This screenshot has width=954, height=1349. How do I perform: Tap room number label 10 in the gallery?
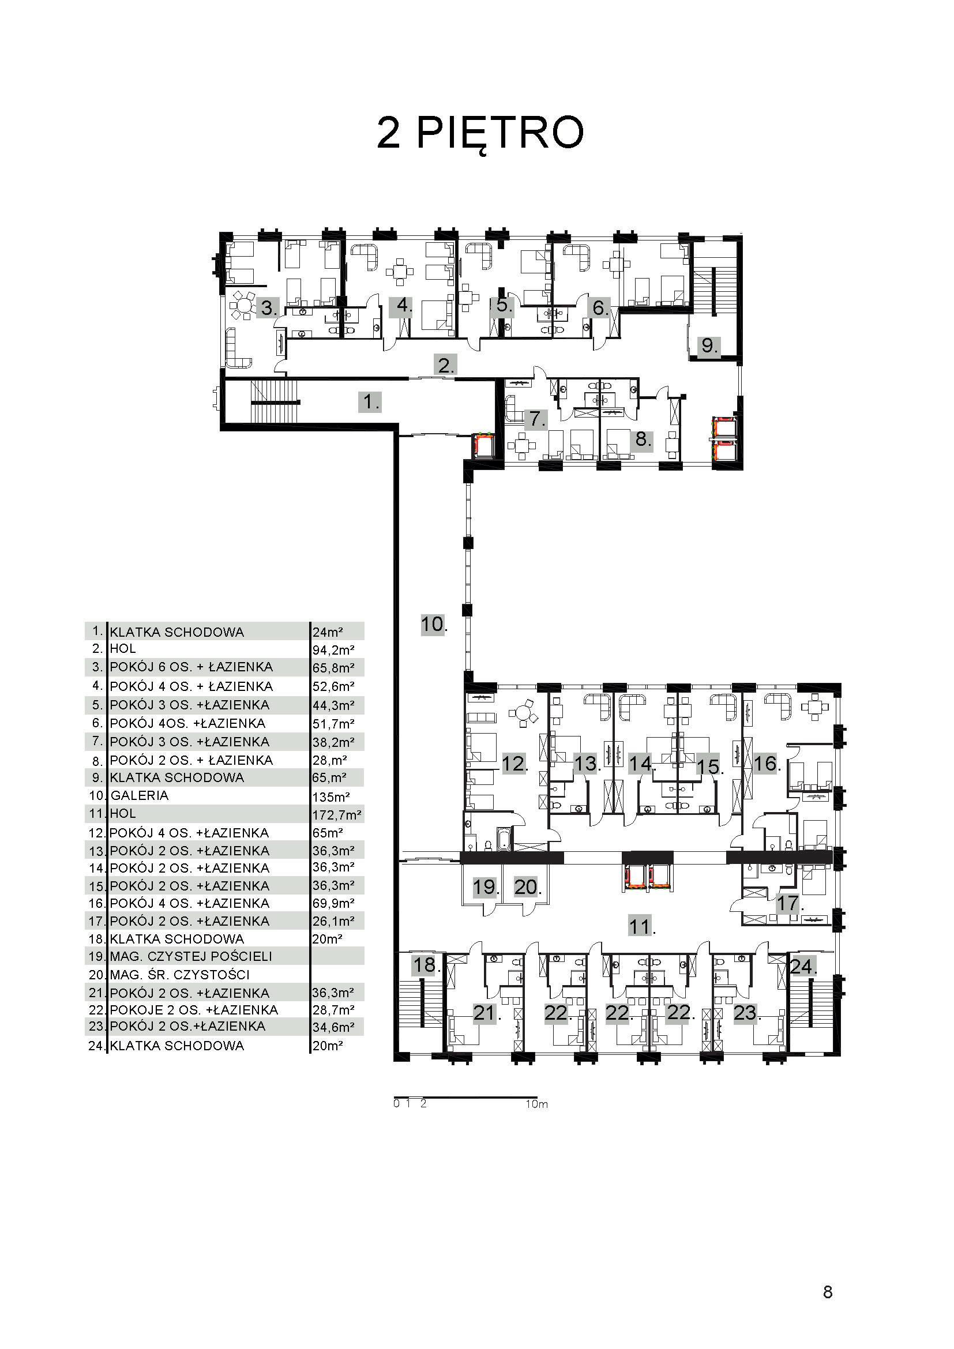pyautogui.click(x=434, y=624)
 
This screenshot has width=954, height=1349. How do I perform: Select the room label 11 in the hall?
pyautogui.click(x=641, y=927)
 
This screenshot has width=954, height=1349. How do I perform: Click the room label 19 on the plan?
pyautogui.click(x=486, y=886)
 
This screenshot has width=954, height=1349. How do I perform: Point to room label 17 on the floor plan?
pyautogui.click(x=790, y=903)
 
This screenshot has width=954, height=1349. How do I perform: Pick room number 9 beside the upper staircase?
pyautogui.click(x=709, y=345)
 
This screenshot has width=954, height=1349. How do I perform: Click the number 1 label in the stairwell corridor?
pyautogui.click(x=370, y=402)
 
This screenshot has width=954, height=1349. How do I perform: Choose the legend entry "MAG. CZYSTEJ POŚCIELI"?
pyautogui.click(x=191, y=956)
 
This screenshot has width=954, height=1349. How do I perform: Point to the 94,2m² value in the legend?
pyautogui.click(x=333, y=650)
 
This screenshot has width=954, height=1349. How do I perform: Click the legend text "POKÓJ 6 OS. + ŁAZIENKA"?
pyautogui.click(x=191, y=667)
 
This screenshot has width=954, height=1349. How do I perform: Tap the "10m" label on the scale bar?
pyautogui.click(x=537, y=1104)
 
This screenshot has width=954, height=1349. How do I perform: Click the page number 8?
pyautogui.click(x=828, y=1292)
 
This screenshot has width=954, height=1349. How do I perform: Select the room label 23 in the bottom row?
pyautogui.click(x=746, y=1013)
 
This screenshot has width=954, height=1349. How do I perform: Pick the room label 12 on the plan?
pyautogui.click(x=514, y=763)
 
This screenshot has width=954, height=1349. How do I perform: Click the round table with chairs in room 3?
pyautogui.click(x=243, y=305)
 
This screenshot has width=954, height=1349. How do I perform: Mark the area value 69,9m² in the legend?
pyautogui.click(x=333, y=903)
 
